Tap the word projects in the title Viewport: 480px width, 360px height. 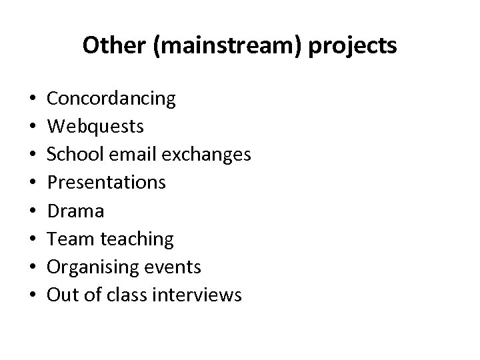pos(355,46)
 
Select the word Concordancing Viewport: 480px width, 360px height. pos(111,99)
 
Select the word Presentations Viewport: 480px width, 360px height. pos(106,182)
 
